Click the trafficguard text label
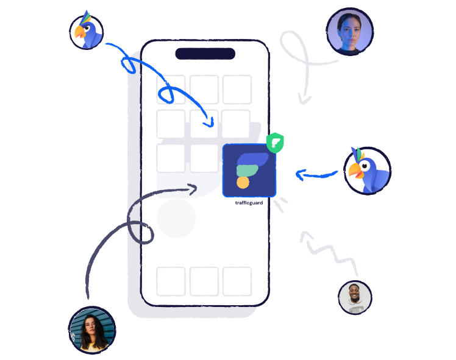(x=249, y=203)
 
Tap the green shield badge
(x=275, y=143)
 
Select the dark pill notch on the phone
(x=205, y=54)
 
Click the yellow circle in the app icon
(x=243, y=183)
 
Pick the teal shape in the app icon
(x=247, y=171)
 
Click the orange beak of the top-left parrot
(x=79, y=32)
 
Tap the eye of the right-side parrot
(x=365, y=166)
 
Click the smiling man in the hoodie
(x=355, y=297)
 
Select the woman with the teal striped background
(x=92, y=330)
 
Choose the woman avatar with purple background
(x=350, y=32)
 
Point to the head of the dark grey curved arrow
(x=193, y=189)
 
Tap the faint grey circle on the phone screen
(x=176, y=218)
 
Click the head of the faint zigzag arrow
(x=304, y=234)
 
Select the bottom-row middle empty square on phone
(x=204, y=281)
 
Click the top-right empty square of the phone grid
(x=237, y=90)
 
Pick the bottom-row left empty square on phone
(x=171, y=281)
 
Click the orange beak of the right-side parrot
(x=355, y=171)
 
